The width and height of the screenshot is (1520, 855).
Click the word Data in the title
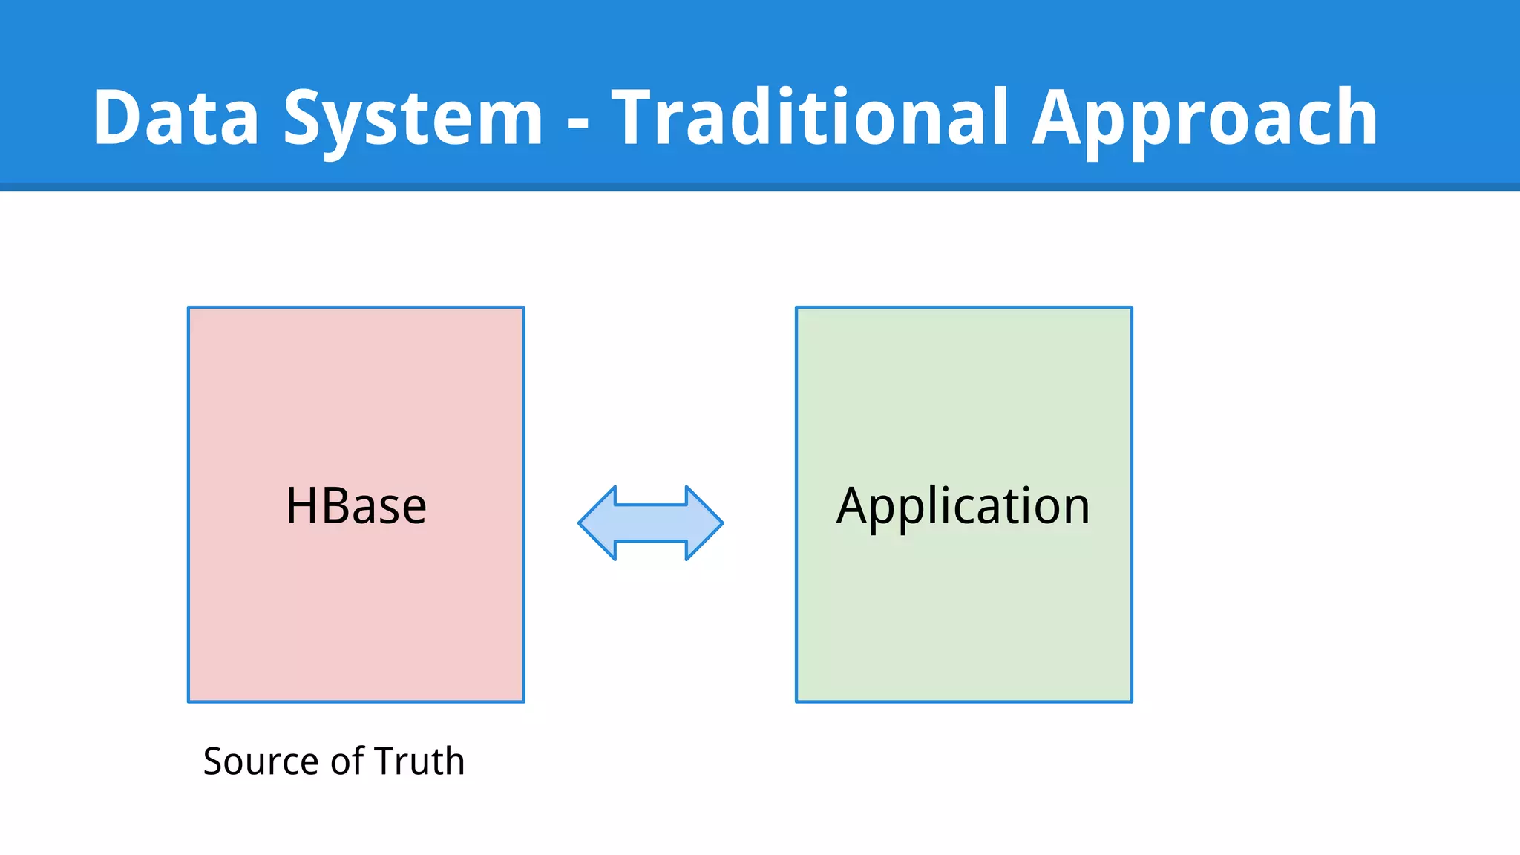click(176, 117)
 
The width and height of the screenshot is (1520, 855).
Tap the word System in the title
click(413, 119)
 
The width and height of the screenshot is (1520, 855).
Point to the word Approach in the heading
click(1205, 119)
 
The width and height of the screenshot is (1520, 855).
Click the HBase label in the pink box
click(356, 506)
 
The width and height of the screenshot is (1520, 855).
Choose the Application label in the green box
click(963, 506)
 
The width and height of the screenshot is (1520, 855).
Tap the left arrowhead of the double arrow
click(598, 523)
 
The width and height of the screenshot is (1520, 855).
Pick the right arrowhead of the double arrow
click(704, 523)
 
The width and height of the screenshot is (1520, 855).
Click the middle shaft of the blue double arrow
click(651, 523)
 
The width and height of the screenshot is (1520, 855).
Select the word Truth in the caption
click(419, 761)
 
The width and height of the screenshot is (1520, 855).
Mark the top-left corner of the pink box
click(189, 308)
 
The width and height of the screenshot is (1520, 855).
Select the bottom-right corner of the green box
click(1131, 701)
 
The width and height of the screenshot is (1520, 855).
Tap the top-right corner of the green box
click(1131, 308)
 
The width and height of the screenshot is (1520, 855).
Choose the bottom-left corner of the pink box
click(189, 701)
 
